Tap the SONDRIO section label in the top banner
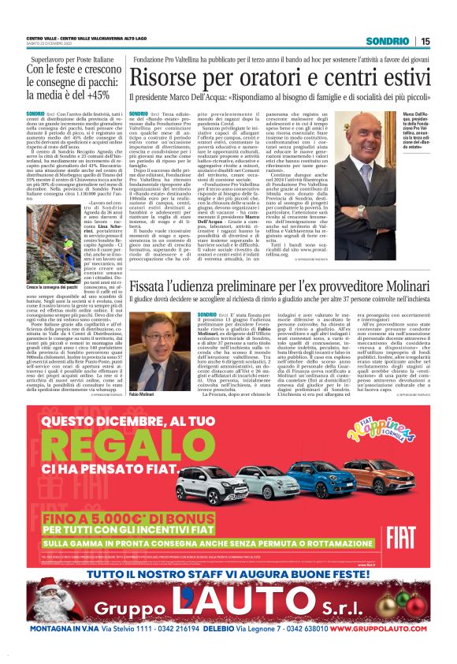pyautogui.click(x=388, y=41)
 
